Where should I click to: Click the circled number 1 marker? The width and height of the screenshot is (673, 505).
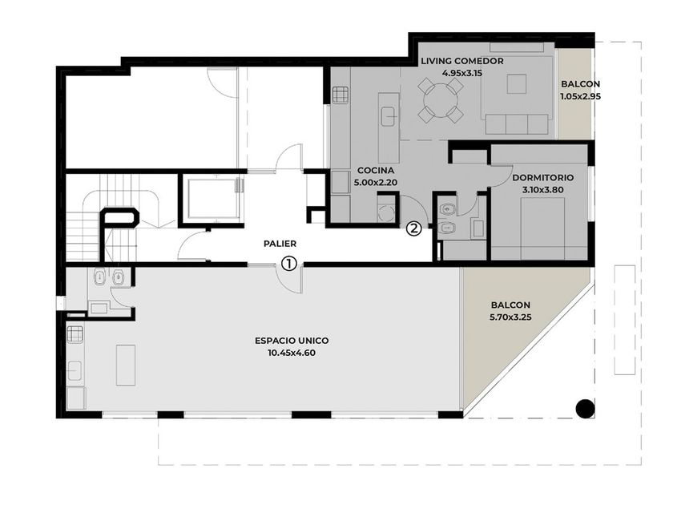pyautogui.click(x=289, y=263)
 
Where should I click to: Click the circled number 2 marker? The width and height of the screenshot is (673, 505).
pyautogui.click(x=413, y=228)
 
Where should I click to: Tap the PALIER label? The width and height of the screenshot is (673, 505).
pyautogui.click(x=280, y=244)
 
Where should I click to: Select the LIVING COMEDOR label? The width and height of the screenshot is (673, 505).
pyautogui.click(x=461, y=61)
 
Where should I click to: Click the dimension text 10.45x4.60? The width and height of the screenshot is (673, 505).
pyautogui.click(x=292, y=353)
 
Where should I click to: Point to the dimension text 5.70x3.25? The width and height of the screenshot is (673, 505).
pyautogui.click(x=511, y=317)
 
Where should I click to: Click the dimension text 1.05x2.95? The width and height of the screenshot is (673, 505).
pyautogui.click(x=580, y=96)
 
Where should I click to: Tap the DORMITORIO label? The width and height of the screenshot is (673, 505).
pyautogui.click(x=543, y=177)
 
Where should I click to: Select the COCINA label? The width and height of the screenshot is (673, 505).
pyautogui.click(x=376, y=171)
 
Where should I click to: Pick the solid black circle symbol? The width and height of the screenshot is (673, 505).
pyautogui.click(x=585, y=408)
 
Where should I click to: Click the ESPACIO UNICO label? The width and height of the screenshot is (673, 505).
pyautogui.click(x=292, y=341)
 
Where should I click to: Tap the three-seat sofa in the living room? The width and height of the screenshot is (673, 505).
pyautogui.click(x=517, y=124)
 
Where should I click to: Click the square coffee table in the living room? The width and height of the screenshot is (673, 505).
pyautogui.click(x=516, y=83)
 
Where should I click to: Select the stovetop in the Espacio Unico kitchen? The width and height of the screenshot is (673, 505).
pyautogui.click(x=75, y=333)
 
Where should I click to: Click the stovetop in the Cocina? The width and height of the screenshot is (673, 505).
pyautogui.click(x=340, y=95)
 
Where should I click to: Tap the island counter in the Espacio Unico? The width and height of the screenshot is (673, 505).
pyautogui.click(x=126, y=365)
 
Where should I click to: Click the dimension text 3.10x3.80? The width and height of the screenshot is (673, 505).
pyautogui.click(x=543, y=189)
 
